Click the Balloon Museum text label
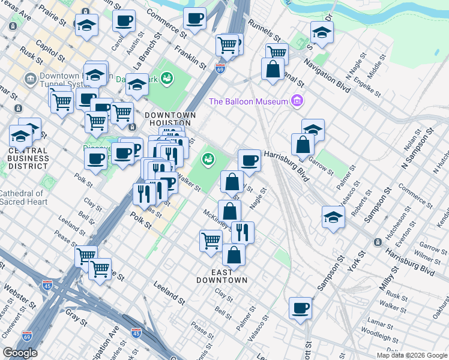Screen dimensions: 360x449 tap(249, 101)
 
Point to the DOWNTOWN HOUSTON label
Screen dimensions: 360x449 tap(170, 119)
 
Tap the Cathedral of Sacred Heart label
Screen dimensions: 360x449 tap(22, 197)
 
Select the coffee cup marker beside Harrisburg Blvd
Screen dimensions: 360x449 tap(249, 160)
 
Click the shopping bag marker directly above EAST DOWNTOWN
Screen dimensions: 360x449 tap(234, 254)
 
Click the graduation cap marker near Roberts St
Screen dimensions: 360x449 tap(333, 217)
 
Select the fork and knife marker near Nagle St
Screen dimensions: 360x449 tap(243, 232)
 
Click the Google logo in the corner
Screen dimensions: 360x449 tap(20, 353)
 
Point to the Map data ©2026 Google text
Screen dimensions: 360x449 tap(412, 355)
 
